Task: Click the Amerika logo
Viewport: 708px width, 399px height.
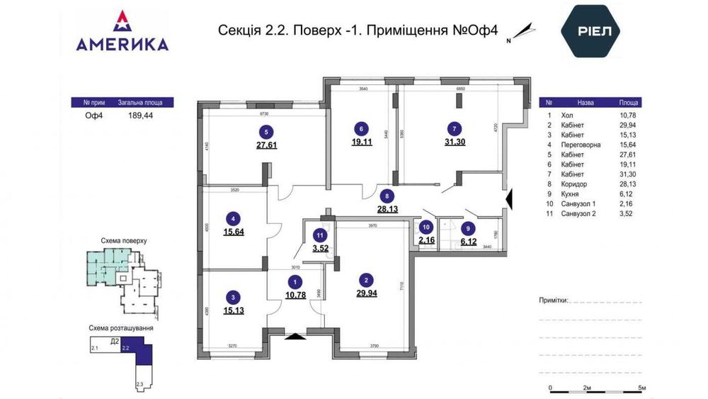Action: (x=122, y=32)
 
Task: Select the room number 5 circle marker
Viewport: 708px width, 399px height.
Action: (x=266, y=131)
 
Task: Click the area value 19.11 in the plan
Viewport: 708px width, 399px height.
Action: (x=362, y=141)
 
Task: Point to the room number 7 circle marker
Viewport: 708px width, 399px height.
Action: (x=455, y=129)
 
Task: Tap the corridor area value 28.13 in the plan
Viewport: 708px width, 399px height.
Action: (x=387, y=208)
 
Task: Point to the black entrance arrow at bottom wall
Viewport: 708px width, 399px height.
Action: (x=295, y=338)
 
